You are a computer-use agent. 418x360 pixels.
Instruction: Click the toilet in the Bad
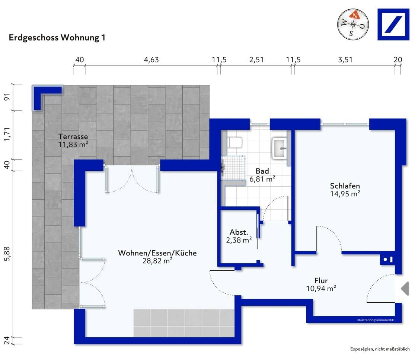234,142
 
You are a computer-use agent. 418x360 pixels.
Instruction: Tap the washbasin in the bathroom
280,148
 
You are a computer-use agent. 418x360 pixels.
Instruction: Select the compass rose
353,24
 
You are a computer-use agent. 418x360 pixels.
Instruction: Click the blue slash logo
393,25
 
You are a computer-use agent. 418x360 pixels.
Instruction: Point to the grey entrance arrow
405,288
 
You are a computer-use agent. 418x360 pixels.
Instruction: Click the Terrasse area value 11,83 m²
73,145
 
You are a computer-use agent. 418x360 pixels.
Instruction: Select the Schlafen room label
345,186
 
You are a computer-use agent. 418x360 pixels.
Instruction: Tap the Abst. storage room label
239,232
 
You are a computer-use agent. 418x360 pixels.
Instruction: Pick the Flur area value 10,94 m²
321,288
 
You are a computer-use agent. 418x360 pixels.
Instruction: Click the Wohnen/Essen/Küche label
157,253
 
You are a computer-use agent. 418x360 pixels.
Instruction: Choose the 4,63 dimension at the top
151,60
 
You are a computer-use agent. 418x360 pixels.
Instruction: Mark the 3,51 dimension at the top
345,60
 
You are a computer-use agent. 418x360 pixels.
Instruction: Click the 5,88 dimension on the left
7,254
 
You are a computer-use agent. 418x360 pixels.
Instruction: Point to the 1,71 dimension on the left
7,135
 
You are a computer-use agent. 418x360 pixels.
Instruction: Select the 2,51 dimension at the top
256,60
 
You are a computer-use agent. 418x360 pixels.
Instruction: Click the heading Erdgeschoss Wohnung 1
57,37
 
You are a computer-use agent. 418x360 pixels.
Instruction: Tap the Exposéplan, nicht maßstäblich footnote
380,349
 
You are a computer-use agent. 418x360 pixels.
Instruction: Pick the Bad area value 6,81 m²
262,179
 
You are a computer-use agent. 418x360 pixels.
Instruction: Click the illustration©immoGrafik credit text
376,320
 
